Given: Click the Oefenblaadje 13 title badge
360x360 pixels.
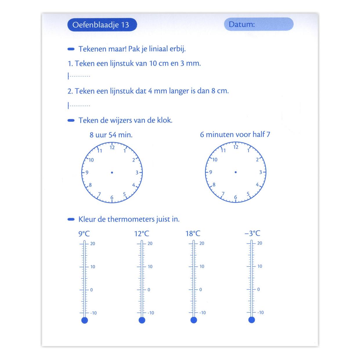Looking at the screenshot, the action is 102,25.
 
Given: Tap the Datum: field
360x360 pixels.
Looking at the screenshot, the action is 259,24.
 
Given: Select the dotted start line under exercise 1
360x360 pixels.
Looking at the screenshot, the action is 79,76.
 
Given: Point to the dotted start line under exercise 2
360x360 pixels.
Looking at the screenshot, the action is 79,105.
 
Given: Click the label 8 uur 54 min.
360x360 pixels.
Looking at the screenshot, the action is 111,135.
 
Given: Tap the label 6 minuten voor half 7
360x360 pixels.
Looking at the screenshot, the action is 235,134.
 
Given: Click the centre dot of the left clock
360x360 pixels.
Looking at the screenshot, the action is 112,172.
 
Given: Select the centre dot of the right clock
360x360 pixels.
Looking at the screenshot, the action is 235,172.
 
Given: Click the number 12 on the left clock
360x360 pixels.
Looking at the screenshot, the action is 112,147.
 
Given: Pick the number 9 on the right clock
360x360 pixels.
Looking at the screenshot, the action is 211,172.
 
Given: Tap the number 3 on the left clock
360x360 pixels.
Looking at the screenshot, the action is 137,172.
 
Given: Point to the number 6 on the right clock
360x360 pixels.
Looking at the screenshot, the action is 235,197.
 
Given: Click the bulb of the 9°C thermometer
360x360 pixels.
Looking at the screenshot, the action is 84,320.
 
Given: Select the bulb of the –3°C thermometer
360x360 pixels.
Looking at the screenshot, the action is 252,320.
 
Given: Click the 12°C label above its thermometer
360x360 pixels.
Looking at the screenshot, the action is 142,233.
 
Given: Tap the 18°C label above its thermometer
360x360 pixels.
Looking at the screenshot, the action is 193,233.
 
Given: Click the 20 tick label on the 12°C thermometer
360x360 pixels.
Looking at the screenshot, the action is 150,243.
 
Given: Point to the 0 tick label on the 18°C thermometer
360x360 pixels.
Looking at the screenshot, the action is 201,289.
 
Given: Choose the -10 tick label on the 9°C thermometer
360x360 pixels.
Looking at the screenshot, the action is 93,313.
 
